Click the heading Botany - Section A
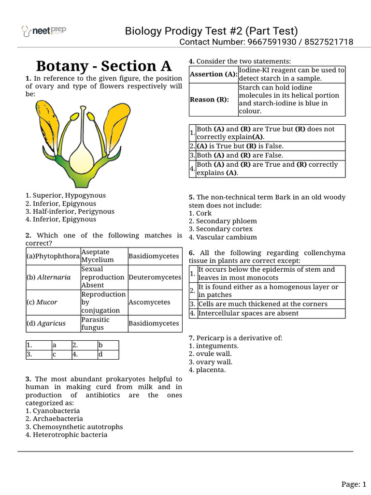[104, 66]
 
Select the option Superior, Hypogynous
[66, 195]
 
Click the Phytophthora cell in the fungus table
[53, 256]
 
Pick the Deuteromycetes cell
[155, 277]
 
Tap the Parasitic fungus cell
[95, 323]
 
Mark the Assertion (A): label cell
[213, 74]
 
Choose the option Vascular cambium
[223, 237]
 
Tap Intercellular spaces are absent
[248, 313]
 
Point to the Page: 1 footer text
[354, 484]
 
